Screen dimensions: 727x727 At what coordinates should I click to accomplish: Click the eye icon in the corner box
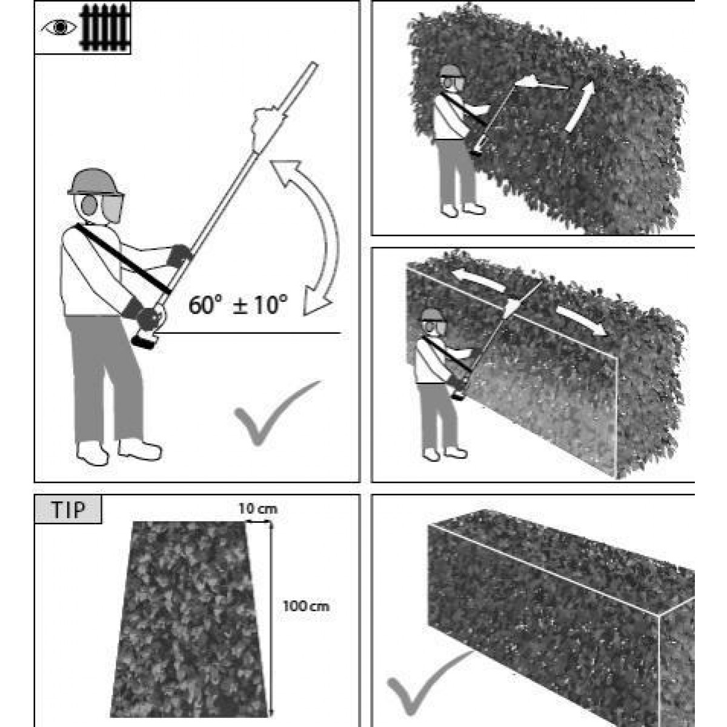coord(59,27)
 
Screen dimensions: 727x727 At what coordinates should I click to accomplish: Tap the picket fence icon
coord(105,27)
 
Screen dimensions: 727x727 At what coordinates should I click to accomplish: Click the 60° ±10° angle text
coord(238,305)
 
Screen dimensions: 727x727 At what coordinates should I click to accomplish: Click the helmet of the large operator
coord(95,182)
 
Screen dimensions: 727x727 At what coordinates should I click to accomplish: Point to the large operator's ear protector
coord(90,205)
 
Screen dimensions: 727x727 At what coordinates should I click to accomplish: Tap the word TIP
coord(68,510)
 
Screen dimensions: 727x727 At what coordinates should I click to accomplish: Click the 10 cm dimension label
coord(257,509)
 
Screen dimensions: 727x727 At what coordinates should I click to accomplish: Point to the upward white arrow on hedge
coord(580,107)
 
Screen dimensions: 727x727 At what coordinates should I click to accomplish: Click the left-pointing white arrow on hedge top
coord(479,280)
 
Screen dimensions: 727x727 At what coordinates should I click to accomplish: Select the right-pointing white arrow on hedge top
coord(582,320)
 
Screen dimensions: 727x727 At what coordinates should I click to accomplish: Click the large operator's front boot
coord(139,449)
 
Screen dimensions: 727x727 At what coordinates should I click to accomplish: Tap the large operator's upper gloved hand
coord(180,255)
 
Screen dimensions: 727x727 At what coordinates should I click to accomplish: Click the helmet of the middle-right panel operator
coord(433,315)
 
